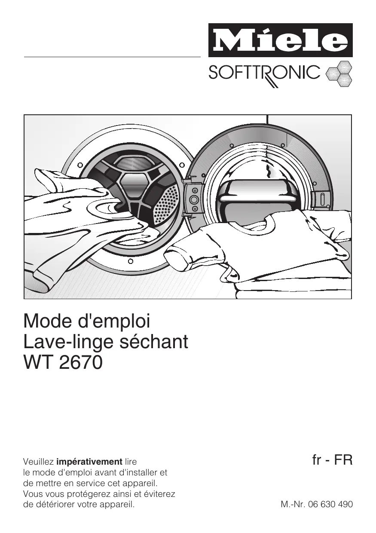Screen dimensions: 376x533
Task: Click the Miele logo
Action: click(x=280, y=41)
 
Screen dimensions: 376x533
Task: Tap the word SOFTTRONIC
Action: click(x=264, y=73)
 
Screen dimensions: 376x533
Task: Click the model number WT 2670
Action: click(x=63, y=362)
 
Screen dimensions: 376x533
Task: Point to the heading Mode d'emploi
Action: click(x=87, y=322)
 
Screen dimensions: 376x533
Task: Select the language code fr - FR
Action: click(x=332, y=461)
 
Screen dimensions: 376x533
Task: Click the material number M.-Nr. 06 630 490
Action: click(x=317, y=504)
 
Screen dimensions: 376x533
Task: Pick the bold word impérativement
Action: click(x=89, y=462)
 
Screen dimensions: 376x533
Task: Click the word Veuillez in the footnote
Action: click(x=38, y=462)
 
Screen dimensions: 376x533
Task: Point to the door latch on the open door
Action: click(x=322, y=199)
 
